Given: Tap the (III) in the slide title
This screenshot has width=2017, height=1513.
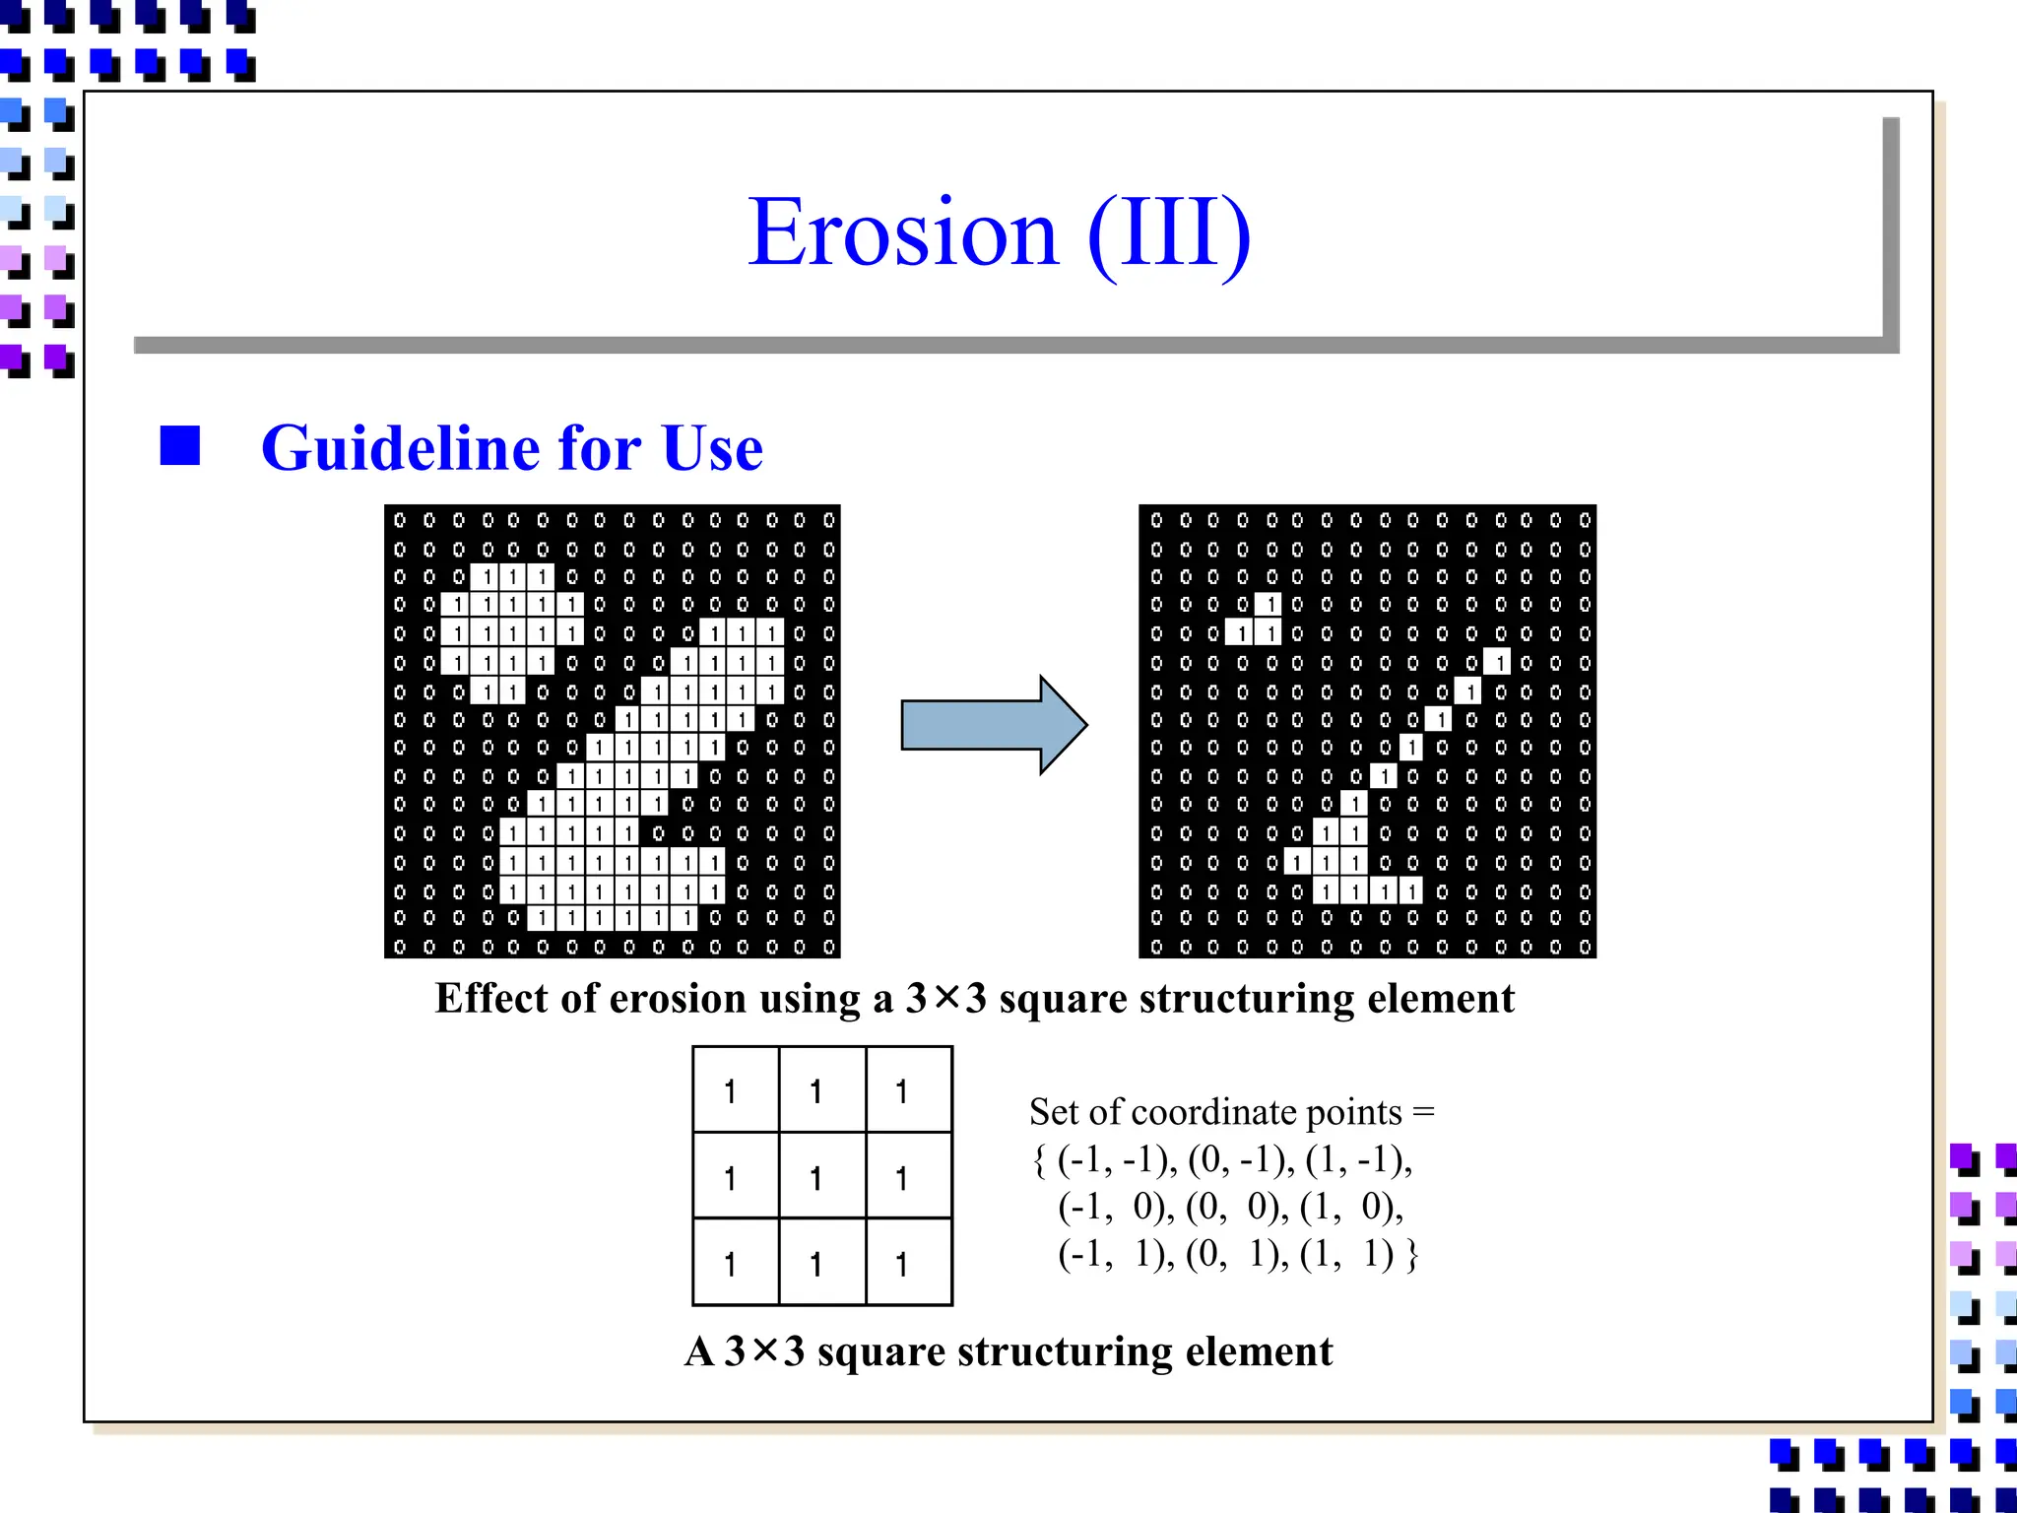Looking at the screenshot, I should (1169, 233).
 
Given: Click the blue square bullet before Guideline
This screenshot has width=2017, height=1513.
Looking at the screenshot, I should (180, 445).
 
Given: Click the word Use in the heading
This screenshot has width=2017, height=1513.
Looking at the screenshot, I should (712, 448).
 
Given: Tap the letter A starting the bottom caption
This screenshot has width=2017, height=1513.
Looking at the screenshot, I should (699, 1351).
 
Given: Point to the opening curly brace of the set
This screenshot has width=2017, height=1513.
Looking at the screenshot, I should (1039, 1160).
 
